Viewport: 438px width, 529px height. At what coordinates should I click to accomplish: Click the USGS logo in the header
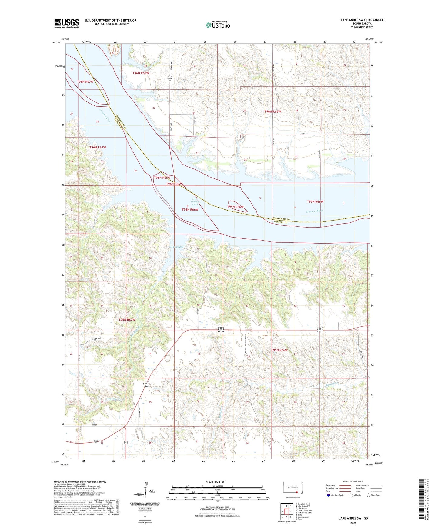coord(67,23)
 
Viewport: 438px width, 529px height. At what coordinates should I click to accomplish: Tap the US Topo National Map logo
coord(218,25)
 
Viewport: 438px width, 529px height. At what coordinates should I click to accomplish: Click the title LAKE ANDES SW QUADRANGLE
coord(362,20)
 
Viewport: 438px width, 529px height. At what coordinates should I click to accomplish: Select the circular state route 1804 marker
coord(170,78)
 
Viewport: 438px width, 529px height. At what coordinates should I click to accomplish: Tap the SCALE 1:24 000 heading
coord(215,482)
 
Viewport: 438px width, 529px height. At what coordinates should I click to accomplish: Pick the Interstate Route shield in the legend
coord(329,495)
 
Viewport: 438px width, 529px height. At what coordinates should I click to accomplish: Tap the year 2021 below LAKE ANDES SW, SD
coord(353,523)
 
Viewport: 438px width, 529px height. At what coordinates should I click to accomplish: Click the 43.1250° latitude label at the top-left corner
coord(56,43)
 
